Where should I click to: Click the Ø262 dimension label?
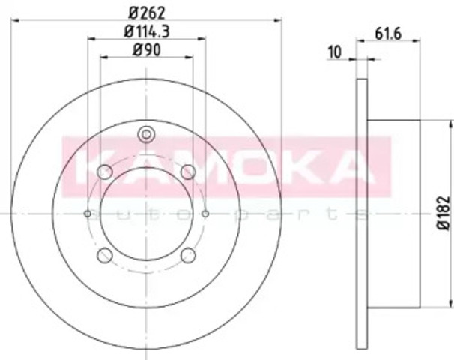pyautogui.click(x=147, y=13)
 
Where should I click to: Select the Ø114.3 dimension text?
pyautogui.click(x=147, y=31)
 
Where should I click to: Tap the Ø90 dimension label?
pyautogui.click(x=147, y=50)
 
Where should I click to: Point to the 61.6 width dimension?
pyautogui.click(x=388, y=34)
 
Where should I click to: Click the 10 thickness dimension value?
pyautogui.click(x=334, y=52)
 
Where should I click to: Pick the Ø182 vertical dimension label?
pyautogui.click(x=444, y=213)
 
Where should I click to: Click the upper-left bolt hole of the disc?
pyautogui.click(x=105, y=172)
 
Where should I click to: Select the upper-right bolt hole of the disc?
pyautogui.click(x=188, y=172)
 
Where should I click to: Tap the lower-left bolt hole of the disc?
pyautogui.click(x=105, y=255)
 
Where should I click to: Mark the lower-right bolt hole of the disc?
pyautogui.click(x=188, y=255)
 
